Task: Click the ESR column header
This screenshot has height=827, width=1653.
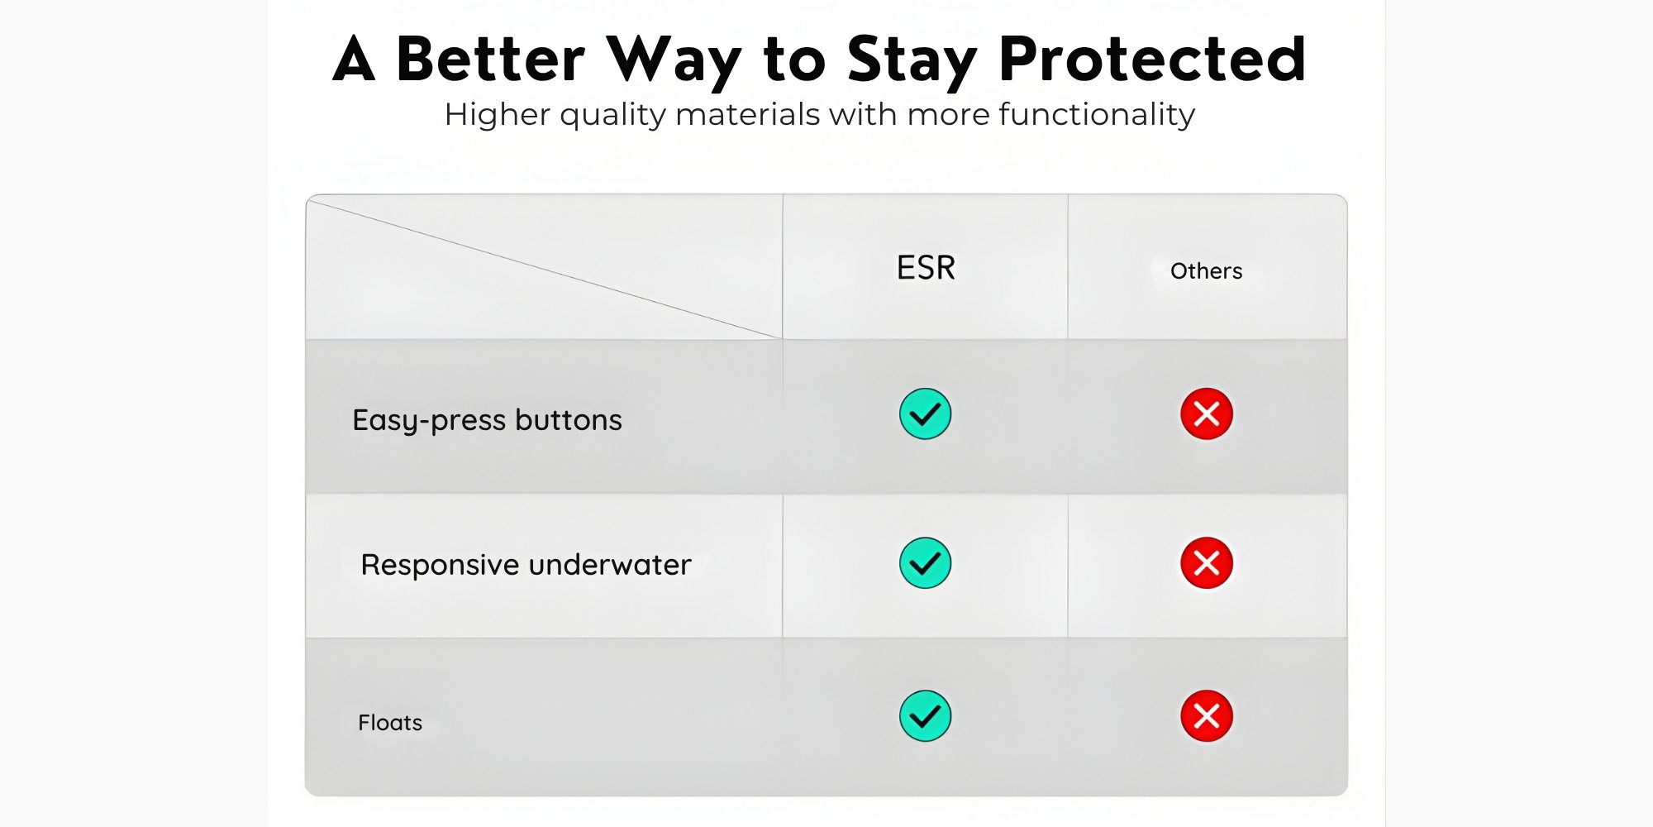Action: pos(926,268)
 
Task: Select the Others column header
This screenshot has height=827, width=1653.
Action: pos(1206,271)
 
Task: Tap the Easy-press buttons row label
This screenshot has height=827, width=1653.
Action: pos(487,420)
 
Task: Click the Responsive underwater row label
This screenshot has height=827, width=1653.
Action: pos(526,565)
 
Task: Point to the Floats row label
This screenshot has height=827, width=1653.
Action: pos(390,723)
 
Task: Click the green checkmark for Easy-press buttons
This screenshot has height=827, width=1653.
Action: pos(925,413)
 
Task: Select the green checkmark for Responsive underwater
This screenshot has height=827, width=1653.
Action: pos(925,563)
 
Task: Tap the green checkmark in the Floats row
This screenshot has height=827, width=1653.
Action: pos(925,716)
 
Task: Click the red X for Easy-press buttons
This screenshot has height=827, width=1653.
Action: pos(1207,413)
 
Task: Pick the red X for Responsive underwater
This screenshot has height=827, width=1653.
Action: pos(1207,563)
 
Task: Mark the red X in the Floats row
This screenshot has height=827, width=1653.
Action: pos(1207,716)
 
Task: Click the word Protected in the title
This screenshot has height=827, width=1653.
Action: pos(1152,60)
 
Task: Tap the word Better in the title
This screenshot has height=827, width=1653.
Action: pos(491,60)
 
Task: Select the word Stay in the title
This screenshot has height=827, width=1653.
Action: pos(912,62)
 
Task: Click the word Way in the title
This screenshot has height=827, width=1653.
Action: pos(674,62)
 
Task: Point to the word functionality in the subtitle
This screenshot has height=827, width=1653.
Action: pos(1097,115)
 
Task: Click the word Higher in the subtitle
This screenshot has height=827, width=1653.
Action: pos(497,115)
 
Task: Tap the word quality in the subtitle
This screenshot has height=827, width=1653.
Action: pos(612,115)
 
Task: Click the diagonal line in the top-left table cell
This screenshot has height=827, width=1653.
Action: pos(545,269)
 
